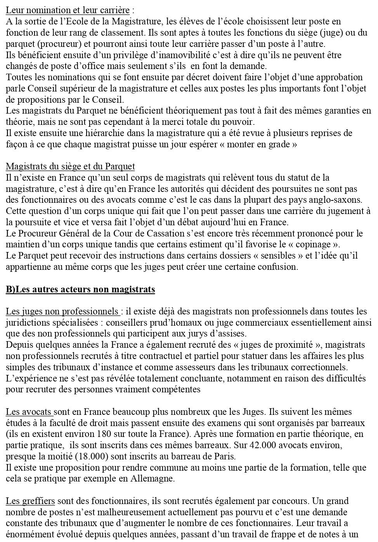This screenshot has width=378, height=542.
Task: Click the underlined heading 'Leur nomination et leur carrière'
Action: click(68, 10)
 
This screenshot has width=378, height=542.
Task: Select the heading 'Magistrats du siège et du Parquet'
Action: click(70, 167)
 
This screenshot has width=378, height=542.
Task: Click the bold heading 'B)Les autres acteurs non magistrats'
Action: click(80, 289)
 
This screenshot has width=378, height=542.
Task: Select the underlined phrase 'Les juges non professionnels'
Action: click(62, 311)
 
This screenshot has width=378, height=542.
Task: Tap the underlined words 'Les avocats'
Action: click(29, 412)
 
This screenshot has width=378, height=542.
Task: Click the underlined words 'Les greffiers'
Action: click(30, 501)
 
